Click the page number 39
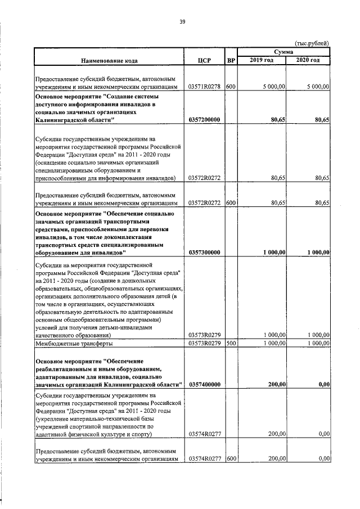pos(182,22)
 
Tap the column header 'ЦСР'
pos(205,60)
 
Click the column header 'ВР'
pos(230,60)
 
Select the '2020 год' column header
pos(308,60)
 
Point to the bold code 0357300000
pos(205,253)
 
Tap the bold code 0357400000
pos(205,384)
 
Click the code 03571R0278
pos(205,87)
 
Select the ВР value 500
pos(230,343)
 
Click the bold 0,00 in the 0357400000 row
pos(323,384)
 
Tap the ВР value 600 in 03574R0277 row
pos(230,459)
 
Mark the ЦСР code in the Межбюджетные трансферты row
pos(205,343)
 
